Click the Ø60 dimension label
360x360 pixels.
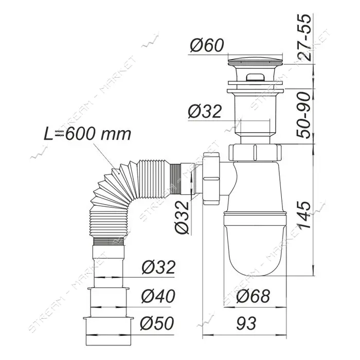tap(207, 45)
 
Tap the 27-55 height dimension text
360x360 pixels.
tap(303, 38)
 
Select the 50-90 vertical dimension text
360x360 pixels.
tap(303, 115)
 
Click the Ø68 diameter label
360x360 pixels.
tap(253, 296)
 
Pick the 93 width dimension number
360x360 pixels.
tap(246, 323)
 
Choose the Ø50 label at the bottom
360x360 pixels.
tap(157, 323)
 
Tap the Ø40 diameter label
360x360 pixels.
tap(158, 296)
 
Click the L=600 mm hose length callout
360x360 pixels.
tap(87, 134)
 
